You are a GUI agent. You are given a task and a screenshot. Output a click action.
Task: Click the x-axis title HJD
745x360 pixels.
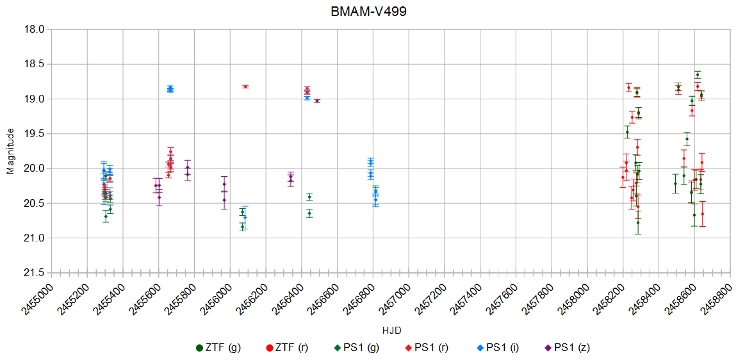coord(391,330)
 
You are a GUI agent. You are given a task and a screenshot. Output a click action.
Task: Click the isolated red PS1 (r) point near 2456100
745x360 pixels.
coord(245,86)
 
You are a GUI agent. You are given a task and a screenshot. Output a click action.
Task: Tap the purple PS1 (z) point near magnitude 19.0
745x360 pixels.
coord(317,101)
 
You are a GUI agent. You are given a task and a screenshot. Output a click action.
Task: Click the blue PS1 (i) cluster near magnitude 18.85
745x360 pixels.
coord(170,89)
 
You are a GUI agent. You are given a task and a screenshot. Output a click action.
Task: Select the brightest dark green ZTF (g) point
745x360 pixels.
coord(697,75)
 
